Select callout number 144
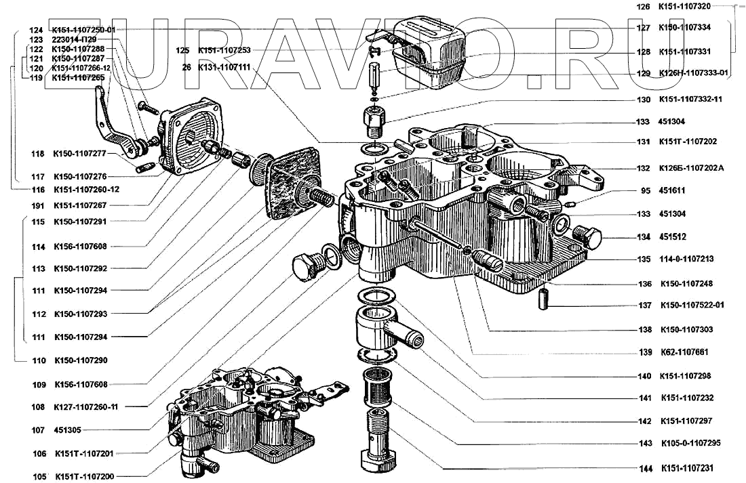pos(646,468)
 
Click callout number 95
pos(646,191)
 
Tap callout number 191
pos(37,205)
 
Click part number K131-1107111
pos(224,68)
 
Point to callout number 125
pos(182,50)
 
